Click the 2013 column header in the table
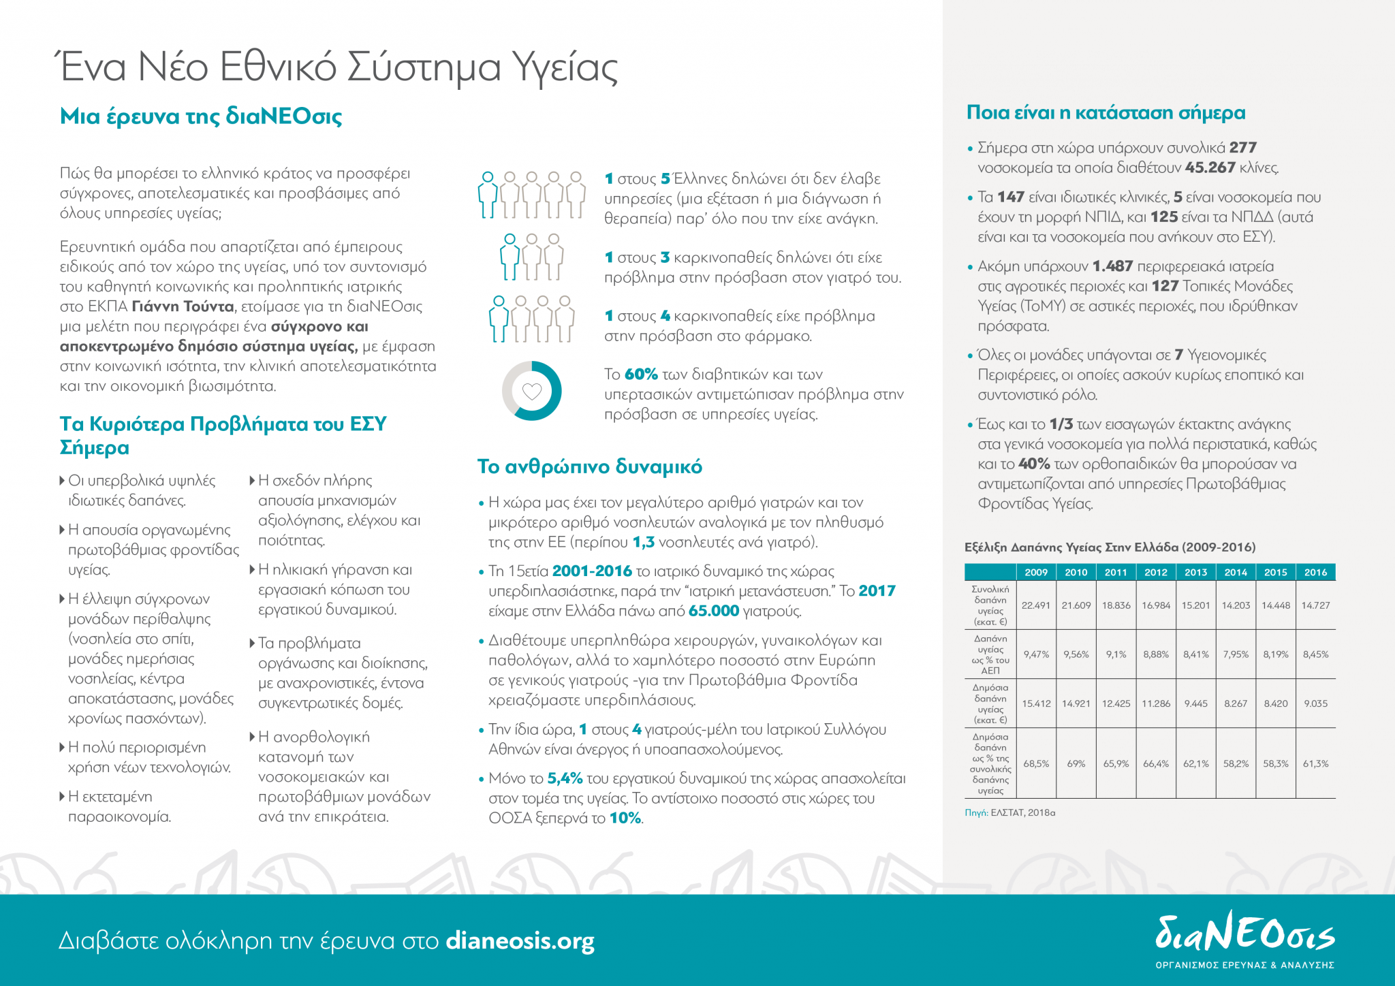(x=1195, y=572)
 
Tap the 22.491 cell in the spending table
(x=1036, y=605)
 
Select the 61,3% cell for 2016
(x=1315, y=763)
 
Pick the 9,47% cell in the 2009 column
(x=1036, y=654)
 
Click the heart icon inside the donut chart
(x=531, y=391)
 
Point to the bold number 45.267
(x=1210, y=168)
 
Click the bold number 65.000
(x=713, y=611)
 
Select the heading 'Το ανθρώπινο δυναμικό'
(x=589, y=466)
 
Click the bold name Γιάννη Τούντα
(x=183, y=306)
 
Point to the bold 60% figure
(x=640, y=374)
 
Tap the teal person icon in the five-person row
(x=487, y=195)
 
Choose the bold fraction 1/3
(x=1061, y=424)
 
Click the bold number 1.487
(x=1112, y=266)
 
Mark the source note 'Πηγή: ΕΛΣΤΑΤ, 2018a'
(x=1009, y=812)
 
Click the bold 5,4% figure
(x=565, y=778)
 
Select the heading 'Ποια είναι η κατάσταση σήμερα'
(x=1106, y=113)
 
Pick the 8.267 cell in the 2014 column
(x=1236, y=703)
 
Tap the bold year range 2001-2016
(x=592, y=571)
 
